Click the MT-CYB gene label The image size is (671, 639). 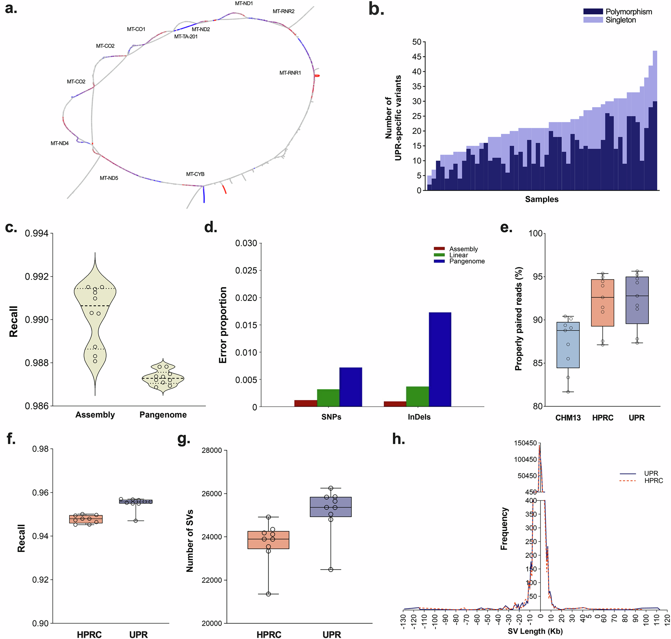click(195, 174)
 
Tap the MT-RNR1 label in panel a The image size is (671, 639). click(290, 73)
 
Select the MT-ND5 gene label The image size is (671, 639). click(109, 178)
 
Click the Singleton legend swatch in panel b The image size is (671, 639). click(592, 20)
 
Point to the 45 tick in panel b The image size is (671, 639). click(416, 57)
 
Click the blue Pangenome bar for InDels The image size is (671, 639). click(440, 359)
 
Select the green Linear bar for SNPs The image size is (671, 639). click(328, 398)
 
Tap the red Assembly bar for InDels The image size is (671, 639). click(395, 404)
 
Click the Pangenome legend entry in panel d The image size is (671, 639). click(467, 261)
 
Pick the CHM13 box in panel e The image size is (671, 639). click(568, 345)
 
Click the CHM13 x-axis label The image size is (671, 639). click(568, 418)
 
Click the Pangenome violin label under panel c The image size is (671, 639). click(163, 415)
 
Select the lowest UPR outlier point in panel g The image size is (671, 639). click(330, 570)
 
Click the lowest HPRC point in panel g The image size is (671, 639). click(268, 594)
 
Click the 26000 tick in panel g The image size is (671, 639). click(212, 493)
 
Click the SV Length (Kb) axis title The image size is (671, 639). click(535, 631)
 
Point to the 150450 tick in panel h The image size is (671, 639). click(525, 443)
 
